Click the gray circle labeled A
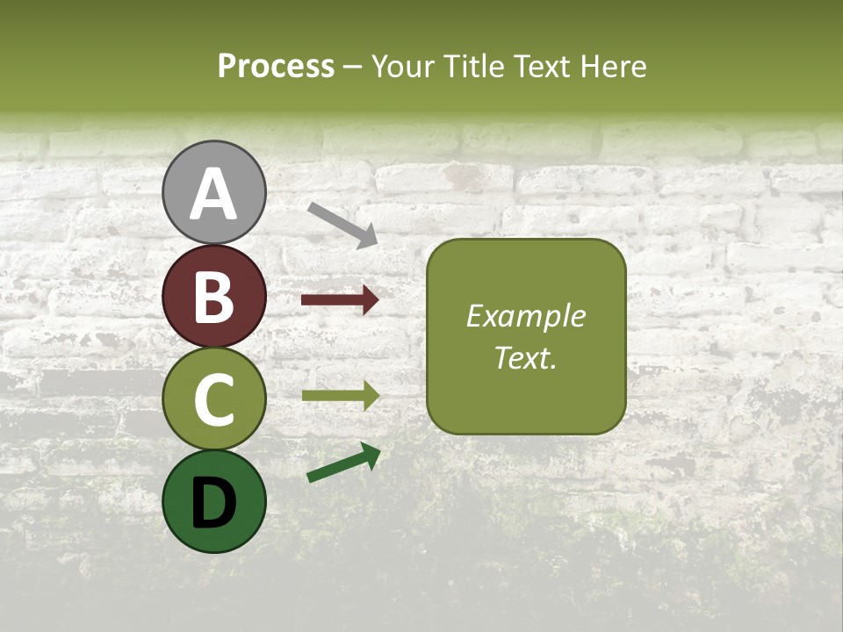pos(214,192)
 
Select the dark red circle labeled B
pos(214,296)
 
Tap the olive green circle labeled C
pos(214,399)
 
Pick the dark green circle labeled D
pos(214,501)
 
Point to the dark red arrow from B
pos(340,300)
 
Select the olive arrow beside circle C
pos(340,396)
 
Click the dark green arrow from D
pos(343,463)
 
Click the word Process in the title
pos(276,67)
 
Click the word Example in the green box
pos(526,316)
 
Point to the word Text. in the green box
pos(526,357)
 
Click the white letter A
pos(214,194)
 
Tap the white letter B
pos(214,297)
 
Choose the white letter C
pos(214,399)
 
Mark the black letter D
pos(214,503)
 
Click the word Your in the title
pos(401,67)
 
